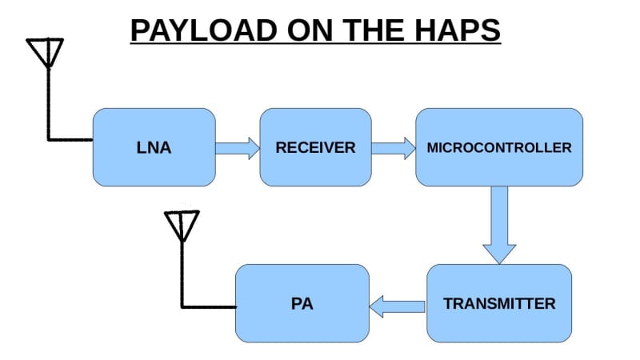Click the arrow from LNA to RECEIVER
tap(238, 147)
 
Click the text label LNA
tap(154, 148)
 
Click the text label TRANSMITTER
tap(499, 304)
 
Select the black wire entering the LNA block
tap(70, 138)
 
